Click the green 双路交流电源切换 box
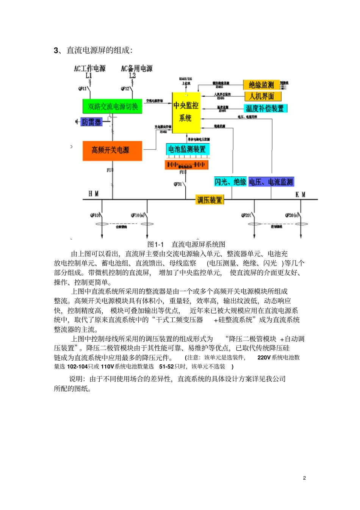[x=113, y=107]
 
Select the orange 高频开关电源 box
[x=112, y=151]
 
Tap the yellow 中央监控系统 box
[x=186, y=112]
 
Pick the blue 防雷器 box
[x=92, y=122]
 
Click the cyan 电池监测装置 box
[x=187, y=149]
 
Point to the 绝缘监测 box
[x=261, y=85]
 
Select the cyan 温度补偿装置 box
[x=265, y=108]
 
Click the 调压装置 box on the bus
[x=210, y=200]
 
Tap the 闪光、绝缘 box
[x=230, y=182]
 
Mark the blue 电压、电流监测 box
[x=271, y=182]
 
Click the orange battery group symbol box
[x=186, y=165]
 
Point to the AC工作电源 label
[x=90, y=69]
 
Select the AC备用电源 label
[x=136, y=69]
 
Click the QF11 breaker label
[x=83, y=89]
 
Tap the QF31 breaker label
[x=178, y=184]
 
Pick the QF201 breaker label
[x=246, y=215]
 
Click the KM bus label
[x=301, y=195]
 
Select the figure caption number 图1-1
[x=155, y=245]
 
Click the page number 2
[x=304, y=478]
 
